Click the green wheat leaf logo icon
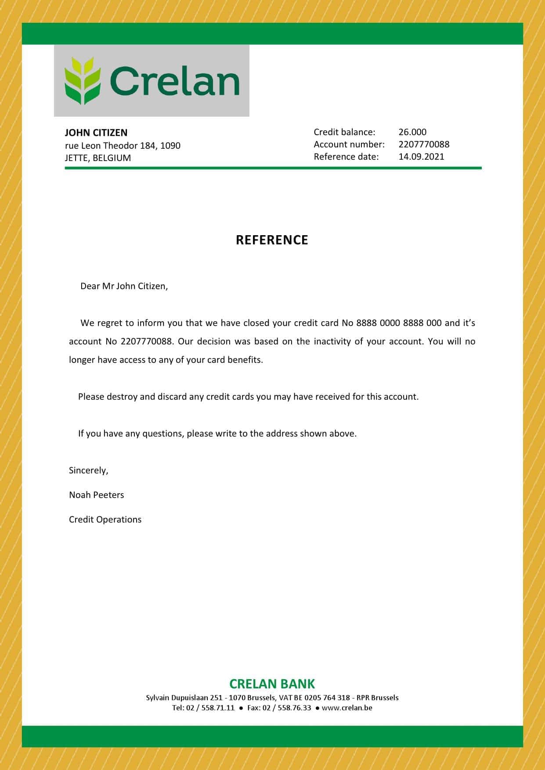83,81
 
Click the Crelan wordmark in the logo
174,81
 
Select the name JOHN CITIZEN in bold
96,133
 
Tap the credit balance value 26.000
412,132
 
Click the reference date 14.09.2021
421,157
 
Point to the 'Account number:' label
349,144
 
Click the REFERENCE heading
272,240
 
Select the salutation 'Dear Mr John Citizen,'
124,286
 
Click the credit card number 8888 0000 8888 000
399,323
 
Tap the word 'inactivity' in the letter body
332,341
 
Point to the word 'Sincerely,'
88,470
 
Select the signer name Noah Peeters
96,495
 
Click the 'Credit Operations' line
105,519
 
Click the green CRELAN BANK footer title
272,684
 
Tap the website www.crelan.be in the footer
347,708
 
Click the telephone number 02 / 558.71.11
210,708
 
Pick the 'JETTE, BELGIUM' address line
98,158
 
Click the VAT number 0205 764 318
327,698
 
